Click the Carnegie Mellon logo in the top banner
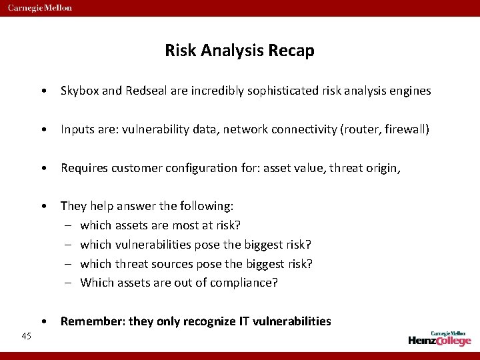click(x=41, y=8)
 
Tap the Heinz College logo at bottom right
click(x=439, y=338)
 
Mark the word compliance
click(x=243, y=283)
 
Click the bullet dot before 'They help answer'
click(x=43, y=206)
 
